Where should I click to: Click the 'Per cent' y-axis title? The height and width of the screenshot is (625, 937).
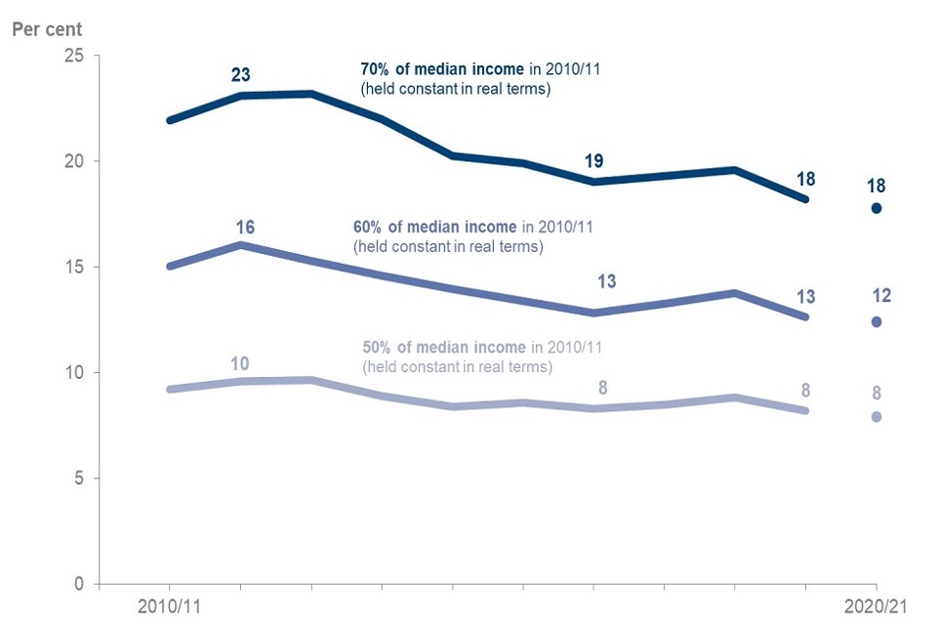point(47,28)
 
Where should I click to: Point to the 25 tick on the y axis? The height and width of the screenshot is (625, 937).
point(72,56)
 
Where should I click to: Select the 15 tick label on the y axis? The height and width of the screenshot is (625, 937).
point(72,267)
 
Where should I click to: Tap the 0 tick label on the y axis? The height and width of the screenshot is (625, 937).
point(77,584)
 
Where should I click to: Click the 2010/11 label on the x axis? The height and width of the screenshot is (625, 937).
point(169,605)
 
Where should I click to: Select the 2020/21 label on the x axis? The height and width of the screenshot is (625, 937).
point(876,605)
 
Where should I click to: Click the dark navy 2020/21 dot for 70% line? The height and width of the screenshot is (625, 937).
point(876,208)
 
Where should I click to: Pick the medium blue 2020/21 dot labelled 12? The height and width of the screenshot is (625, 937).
point(876,322)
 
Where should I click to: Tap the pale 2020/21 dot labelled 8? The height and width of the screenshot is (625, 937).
point(876,417)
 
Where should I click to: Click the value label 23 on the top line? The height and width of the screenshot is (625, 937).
point(241,74)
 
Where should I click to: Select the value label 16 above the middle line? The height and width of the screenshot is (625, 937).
point(245,227)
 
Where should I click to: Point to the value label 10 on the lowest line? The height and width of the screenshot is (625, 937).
point(239,364)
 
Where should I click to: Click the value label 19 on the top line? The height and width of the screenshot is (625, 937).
point(595,161)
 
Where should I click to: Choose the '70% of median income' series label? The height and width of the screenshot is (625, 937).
point(434,69)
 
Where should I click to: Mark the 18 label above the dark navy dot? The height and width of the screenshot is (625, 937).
point(876,186)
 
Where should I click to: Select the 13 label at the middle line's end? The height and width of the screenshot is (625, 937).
point(805,297)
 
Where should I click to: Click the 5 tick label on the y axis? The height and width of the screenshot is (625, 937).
point(77,479)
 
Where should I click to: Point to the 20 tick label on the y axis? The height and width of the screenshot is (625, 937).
point(72,161)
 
